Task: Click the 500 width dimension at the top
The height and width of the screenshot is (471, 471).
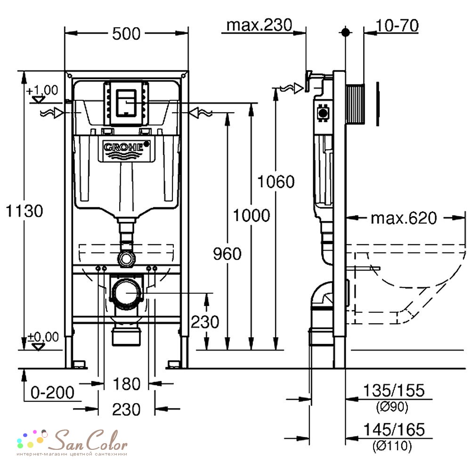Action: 126,33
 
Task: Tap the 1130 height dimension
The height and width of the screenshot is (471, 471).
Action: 24,211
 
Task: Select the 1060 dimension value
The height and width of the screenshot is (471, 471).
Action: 276,182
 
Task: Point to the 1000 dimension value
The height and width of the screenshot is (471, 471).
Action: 252,215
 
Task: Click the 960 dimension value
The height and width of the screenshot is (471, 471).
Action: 227,253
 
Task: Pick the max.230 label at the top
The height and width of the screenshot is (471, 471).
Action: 259,25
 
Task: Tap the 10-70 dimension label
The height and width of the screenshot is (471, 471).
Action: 397,25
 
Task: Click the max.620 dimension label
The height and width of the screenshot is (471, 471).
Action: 404,218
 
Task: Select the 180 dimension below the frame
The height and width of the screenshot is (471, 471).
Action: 126,384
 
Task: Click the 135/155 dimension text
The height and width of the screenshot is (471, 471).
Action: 394,390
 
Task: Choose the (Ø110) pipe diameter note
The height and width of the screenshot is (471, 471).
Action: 392,446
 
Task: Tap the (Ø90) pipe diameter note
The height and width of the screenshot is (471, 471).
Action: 392,407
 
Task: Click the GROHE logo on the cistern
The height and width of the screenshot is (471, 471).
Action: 126,149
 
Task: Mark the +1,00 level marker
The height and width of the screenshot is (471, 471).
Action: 42,94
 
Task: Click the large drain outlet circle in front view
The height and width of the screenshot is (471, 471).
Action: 126,293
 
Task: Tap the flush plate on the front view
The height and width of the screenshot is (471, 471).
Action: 126,103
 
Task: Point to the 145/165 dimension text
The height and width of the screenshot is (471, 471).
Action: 394,430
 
